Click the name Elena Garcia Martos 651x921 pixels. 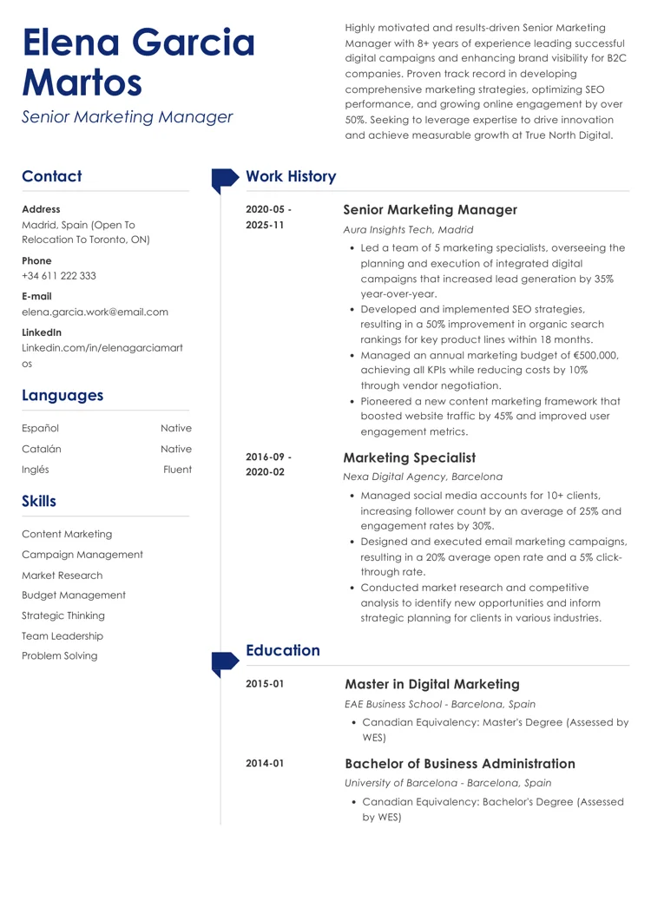(138, 62)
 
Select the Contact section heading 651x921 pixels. (51, 176)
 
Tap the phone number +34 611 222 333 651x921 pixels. (59, 276)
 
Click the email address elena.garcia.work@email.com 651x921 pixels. (95, 312)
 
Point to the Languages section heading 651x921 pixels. (62, 395)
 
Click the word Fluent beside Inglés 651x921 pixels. (177, 470)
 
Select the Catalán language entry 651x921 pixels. (42, 449)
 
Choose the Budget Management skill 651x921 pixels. (73, 595)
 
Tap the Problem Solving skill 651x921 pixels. (59, 655)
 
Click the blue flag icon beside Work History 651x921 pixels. (224, 179)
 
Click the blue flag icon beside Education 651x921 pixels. (224, 663)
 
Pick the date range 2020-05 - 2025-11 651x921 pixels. (269, 218)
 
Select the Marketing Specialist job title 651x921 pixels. (410, 457)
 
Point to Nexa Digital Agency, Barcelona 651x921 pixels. (423, 477)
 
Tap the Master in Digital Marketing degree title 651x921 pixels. (432, 684)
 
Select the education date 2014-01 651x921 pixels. (265, 763)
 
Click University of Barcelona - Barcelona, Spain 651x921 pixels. (448, 782)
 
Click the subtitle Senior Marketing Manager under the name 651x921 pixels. (128, 116)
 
